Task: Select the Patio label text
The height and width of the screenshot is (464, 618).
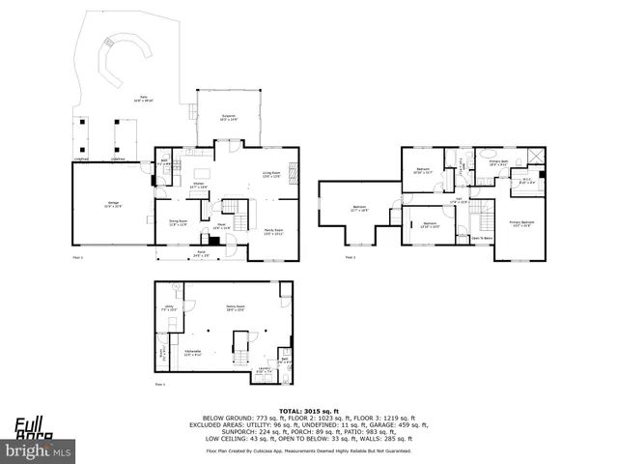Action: coord(142,99)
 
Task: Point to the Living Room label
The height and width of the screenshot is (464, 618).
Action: coord(271,175)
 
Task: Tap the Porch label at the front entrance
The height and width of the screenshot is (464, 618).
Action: coord(201,254)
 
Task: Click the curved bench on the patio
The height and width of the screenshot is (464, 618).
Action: coord(120,58)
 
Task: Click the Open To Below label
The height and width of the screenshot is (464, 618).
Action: coord(482,238)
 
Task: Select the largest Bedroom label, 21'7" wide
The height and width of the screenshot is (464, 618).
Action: coord(359,209)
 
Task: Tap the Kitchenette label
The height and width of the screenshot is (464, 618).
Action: coord(192,352)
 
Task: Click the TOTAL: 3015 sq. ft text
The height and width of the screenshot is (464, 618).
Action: coord(308,411)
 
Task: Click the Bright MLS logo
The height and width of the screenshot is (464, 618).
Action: coord(39,450)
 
